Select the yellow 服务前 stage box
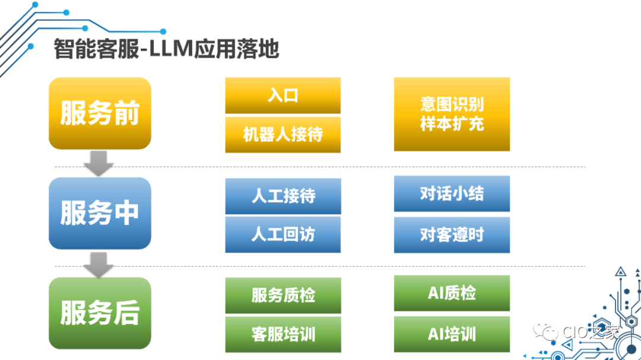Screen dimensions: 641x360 click(100, 113)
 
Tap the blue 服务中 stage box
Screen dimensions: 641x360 click(100, 213)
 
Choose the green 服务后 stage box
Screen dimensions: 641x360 click(100, 313)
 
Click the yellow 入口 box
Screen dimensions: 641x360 click(283, 95)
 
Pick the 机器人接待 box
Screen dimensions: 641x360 click(283, 135)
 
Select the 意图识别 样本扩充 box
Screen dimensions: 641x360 click(452, 114)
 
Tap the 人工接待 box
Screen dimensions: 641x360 click(283, 196)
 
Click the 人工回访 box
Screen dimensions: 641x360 click(283, 234)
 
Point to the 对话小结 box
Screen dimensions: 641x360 click(452, 193)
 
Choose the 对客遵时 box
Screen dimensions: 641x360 click(452, 234)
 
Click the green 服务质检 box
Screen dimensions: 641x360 click(283, 295)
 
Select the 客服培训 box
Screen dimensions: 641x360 click(283, 334)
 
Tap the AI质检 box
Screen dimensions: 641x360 click(452, 293)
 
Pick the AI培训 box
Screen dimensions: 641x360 click(452, 334)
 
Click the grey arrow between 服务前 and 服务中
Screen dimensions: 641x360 click(99, 163)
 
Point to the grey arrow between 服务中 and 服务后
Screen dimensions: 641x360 click(99, 264)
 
